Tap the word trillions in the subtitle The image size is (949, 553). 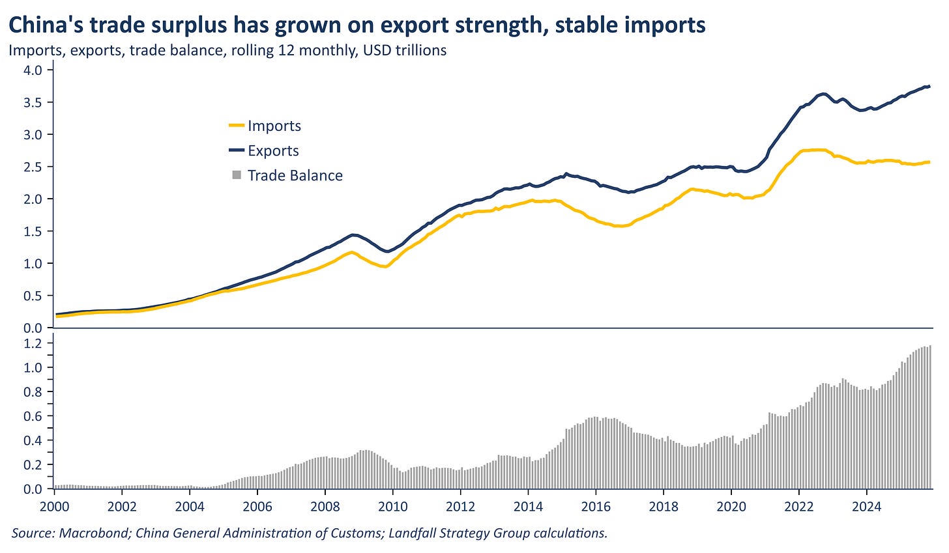421,50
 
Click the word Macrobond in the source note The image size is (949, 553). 88,533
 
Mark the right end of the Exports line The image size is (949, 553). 929,87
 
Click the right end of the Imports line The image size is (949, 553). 929,162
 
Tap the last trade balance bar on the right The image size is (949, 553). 931,417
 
